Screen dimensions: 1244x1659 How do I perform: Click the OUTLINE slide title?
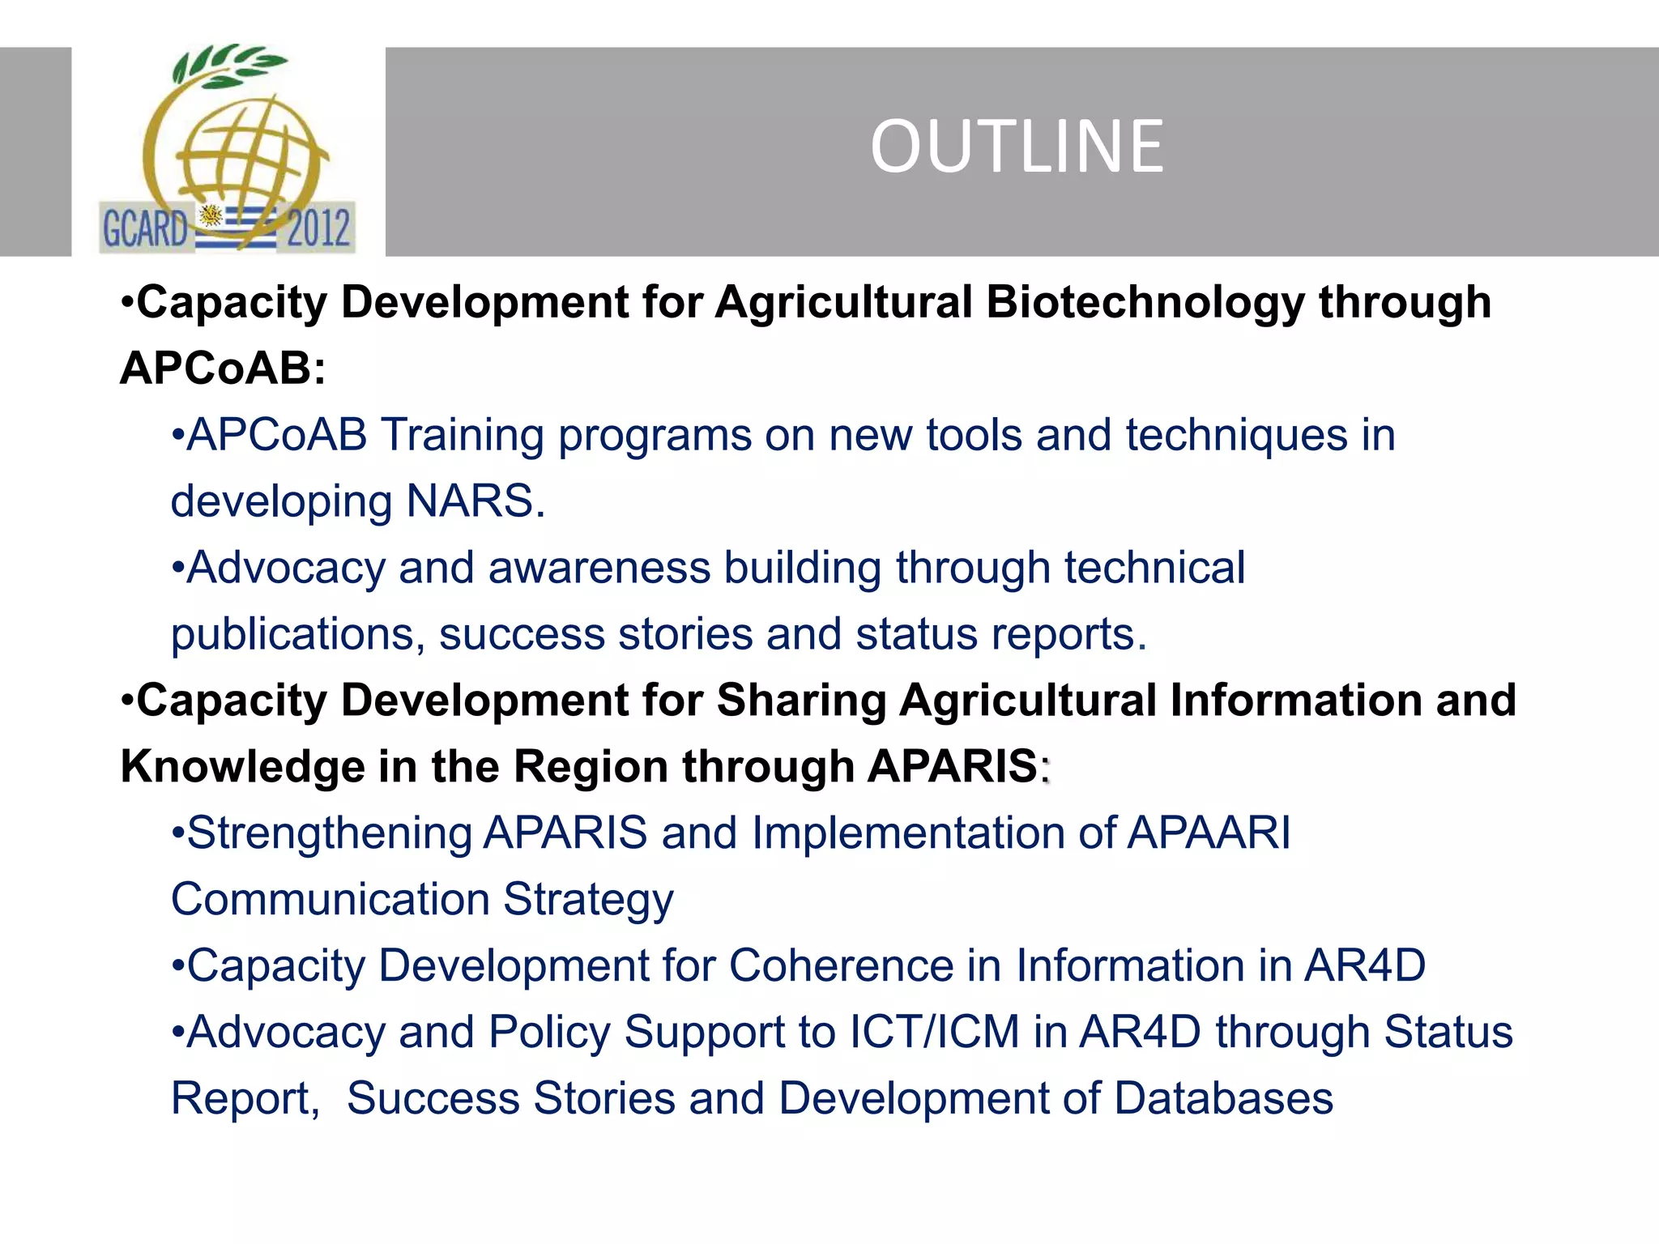click(x=1017, y=147)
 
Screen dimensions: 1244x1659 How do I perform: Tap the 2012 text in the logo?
click(x=318, y=228)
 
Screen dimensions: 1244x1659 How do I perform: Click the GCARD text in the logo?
click(x=145, y=228)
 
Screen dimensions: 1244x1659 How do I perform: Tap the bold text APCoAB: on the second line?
click(x=223, y=369)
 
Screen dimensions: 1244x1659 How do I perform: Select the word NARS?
click(x=475, y=501)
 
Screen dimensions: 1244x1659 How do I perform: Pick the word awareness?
click(x=599, y=568)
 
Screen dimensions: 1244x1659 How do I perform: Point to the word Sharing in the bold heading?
click(x=802, y=701)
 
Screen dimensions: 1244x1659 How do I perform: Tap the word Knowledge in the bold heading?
click(x=242, y=767)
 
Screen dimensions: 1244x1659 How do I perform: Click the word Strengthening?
click(x=329, y=833)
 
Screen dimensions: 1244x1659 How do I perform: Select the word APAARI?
click(x=1209, y=833)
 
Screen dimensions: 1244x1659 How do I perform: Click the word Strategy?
click(x=588, y=900)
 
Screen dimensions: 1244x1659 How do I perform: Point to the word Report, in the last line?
click(x=245, y=1099)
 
